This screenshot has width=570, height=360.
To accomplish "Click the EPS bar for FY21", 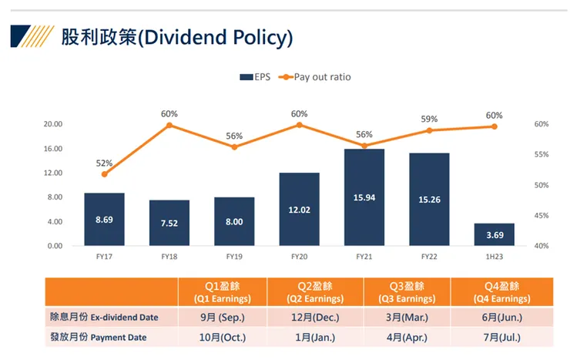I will click(x=364, y=197).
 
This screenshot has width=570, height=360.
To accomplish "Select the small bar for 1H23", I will click(x=493, y=234).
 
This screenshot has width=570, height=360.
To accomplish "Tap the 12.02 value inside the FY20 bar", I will click(x=300, y=209).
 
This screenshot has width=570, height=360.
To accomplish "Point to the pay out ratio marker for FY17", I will click(x=104, y=174).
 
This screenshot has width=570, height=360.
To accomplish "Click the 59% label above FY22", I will click(x=429, y=119).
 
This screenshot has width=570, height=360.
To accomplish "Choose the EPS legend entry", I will click(x=255, y=77).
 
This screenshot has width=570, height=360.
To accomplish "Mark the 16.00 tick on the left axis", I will click(x=52, y=149).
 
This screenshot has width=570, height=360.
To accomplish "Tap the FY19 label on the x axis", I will click(x=234, y=255).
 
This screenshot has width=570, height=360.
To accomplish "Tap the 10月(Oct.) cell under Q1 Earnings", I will click(x=223, y=338).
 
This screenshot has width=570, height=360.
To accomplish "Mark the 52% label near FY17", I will click(x=104, y=163).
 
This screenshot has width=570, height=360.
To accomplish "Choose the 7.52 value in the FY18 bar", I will click(x=169, y=224).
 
